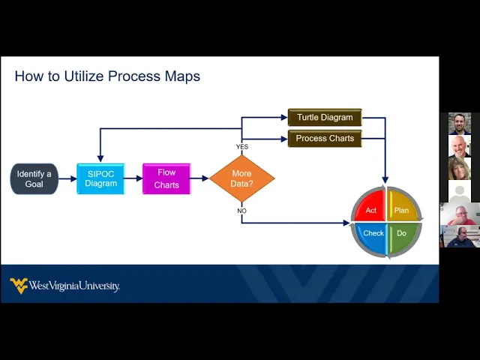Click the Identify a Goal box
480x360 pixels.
[34, 178]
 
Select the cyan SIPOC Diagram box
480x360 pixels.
[100, 178]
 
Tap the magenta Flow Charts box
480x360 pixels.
[166, 178]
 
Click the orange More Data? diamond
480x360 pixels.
[241, 178]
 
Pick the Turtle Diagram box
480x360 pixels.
[325, 117]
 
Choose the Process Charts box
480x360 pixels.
[325, 138]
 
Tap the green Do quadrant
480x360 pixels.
[402, 233]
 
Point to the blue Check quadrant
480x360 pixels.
[373, 233]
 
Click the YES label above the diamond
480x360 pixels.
[242, 147]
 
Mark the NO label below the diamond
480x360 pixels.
[241, 211]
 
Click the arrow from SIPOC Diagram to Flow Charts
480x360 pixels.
[133, 178]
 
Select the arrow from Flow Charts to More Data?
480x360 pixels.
[199, 178]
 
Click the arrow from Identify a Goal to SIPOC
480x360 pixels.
[67, 178]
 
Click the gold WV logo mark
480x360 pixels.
[19, 286]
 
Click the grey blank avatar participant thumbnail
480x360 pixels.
[460, 193]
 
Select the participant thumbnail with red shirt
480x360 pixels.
[460, 214]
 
